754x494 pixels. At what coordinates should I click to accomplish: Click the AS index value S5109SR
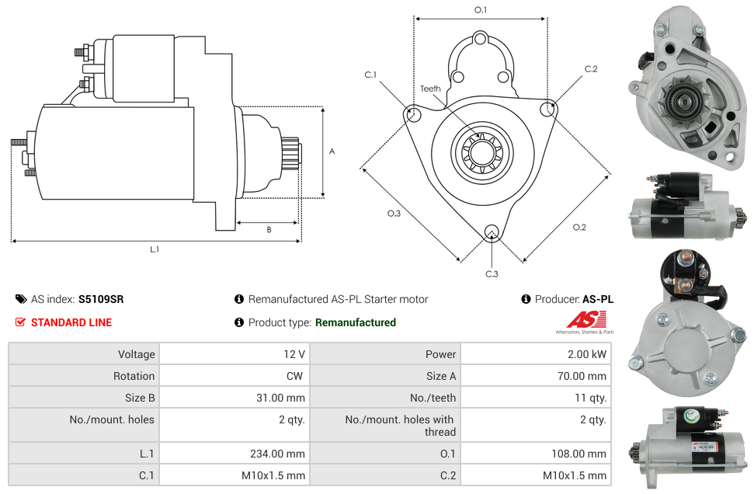(101, 299)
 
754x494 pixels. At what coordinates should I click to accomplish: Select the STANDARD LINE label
(71, 322)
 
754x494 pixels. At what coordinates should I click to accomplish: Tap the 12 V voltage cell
(294, 354)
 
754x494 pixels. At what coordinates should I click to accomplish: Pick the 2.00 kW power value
(589, 354)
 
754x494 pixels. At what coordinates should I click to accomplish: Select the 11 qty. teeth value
(587, 398)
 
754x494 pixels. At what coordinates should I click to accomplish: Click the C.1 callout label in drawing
(370, 75)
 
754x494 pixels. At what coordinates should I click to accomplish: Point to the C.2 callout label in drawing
(591, 69)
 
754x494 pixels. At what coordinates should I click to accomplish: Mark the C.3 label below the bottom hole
(492, 273)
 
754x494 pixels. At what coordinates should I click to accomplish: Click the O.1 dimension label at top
(481, 10)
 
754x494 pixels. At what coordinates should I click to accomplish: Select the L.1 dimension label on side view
(155, 249)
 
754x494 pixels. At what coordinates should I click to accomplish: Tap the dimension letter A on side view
(332, 151)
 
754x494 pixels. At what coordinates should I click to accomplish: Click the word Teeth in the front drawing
(430, 89)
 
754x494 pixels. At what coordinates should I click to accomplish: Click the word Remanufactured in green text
(356, 322)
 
